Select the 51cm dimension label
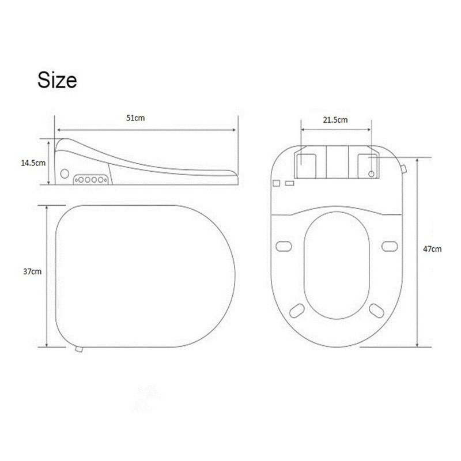[x=135, y=118]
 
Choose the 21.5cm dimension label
[x=335, y=120]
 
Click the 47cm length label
[x=433, y=249]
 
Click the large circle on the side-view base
[x=64, y=173]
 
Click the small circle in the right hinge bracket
[x=371, y=173]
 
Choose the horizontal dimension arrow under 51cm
[x=147, y=130]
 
